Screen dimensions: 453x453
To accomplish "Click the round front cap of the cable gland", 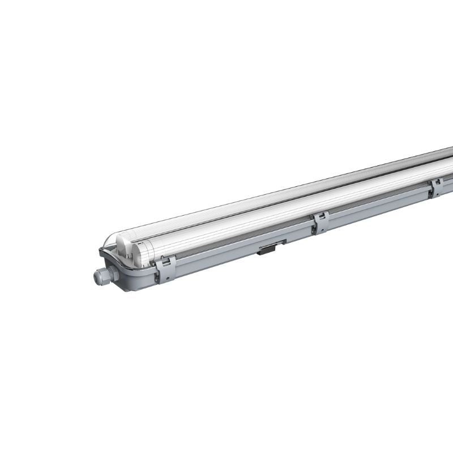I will click(x=97, y=277).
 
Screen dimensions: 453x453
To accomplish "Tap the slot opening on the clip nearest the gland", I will click(x=165, y=262).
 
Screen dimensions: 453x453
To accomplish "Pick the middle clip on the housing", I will click(x=320, y=222).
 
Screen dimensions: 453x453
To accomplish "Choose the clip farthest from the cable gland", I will click(x=437, y=187).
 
